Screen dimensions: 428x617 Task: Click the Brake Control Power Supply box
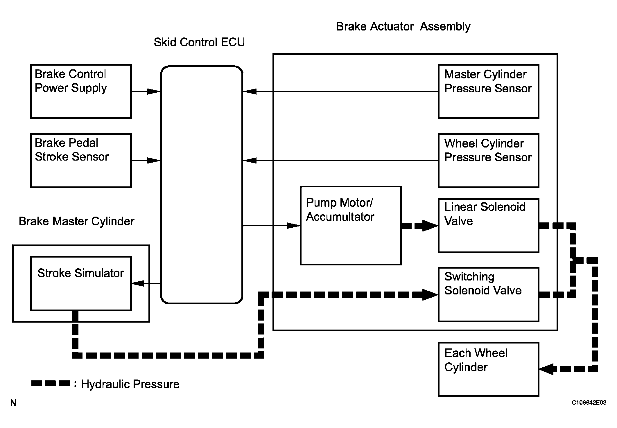click(81, 91)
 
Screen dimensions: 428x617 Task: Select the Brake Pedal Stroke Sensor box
click(81, 160)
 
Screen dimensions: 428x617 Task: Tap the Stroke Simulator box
click(81, 283)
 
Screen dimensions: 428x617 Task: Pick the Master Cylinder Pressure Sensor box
click(488, 91)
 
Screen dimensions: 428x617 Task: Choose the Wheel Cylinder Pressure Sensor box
click(488, 160)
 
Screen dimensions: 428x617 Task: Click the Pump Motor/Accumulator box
click(351, 225)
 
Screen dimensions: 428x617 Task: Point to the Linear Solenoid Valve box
click(488, 225)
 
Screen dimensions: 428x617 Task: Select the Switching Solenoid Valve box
click(488, 294)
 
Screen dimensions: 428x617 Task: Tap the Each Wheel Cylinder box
click(488, 369)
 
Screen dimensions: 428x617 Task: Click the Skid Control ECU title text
click(199, 42)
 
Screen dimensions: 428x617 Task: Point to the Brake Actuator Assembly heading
click(403, 27)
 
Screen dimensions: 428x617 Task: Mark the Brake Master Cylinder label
click(76, 222)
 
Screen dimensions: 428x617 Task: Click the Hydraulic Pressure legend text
click(130, 384)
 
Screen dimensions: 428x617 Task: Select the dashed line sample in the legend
click(50, 384)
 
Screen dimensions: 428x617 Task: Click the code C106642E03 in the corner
click(589, 403)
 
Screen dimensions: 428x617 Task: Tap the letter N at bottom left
click(13, 403)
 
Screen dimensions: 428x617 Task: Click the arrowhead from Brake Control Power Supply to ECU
click(154, 91)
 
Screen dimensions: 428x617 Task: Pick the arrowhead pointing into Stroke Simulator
click(138, 283)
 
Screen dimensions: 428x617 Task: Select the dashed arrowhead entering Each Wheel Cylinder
click(546, 369)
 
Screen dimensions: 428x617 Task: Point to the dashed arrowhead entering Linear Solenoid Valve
click(430, 226)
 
